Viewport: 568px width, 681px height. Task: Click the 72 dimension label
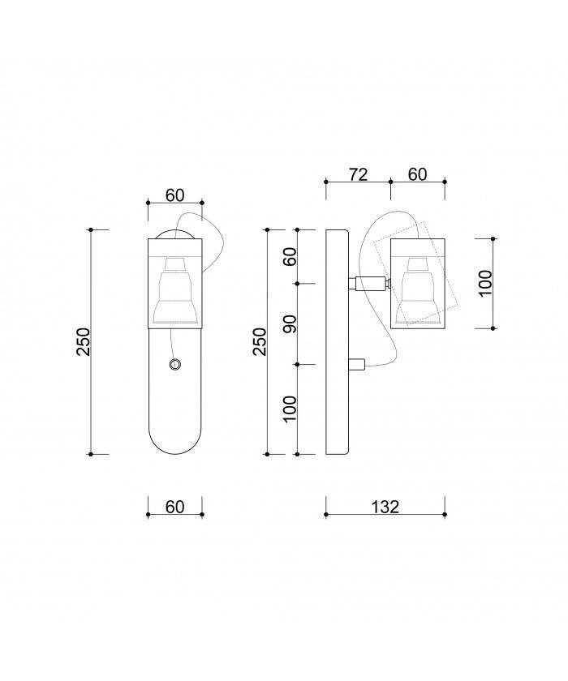coord(358,174)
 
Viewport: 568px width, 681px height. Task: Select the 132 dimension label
coord(385,507)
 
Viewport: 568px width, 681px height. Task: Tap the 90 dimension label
coord(290,324)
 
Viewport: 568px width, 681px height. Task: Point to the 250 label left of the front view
coord(83,342)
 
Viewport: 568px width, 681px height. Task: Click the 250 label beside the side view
coord(260,342)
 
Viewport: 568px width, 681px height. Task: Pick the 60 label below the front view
coord(175,507)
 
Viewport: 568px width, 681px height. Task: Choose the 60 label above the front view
coord(175,195)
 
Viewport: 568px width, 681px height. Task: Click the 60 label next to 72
coord(418,174)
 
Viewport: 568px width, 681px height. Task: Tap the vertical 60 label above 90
coord(290,257)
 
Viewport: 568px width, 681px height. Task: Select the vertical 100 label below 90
coord(290,409)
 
